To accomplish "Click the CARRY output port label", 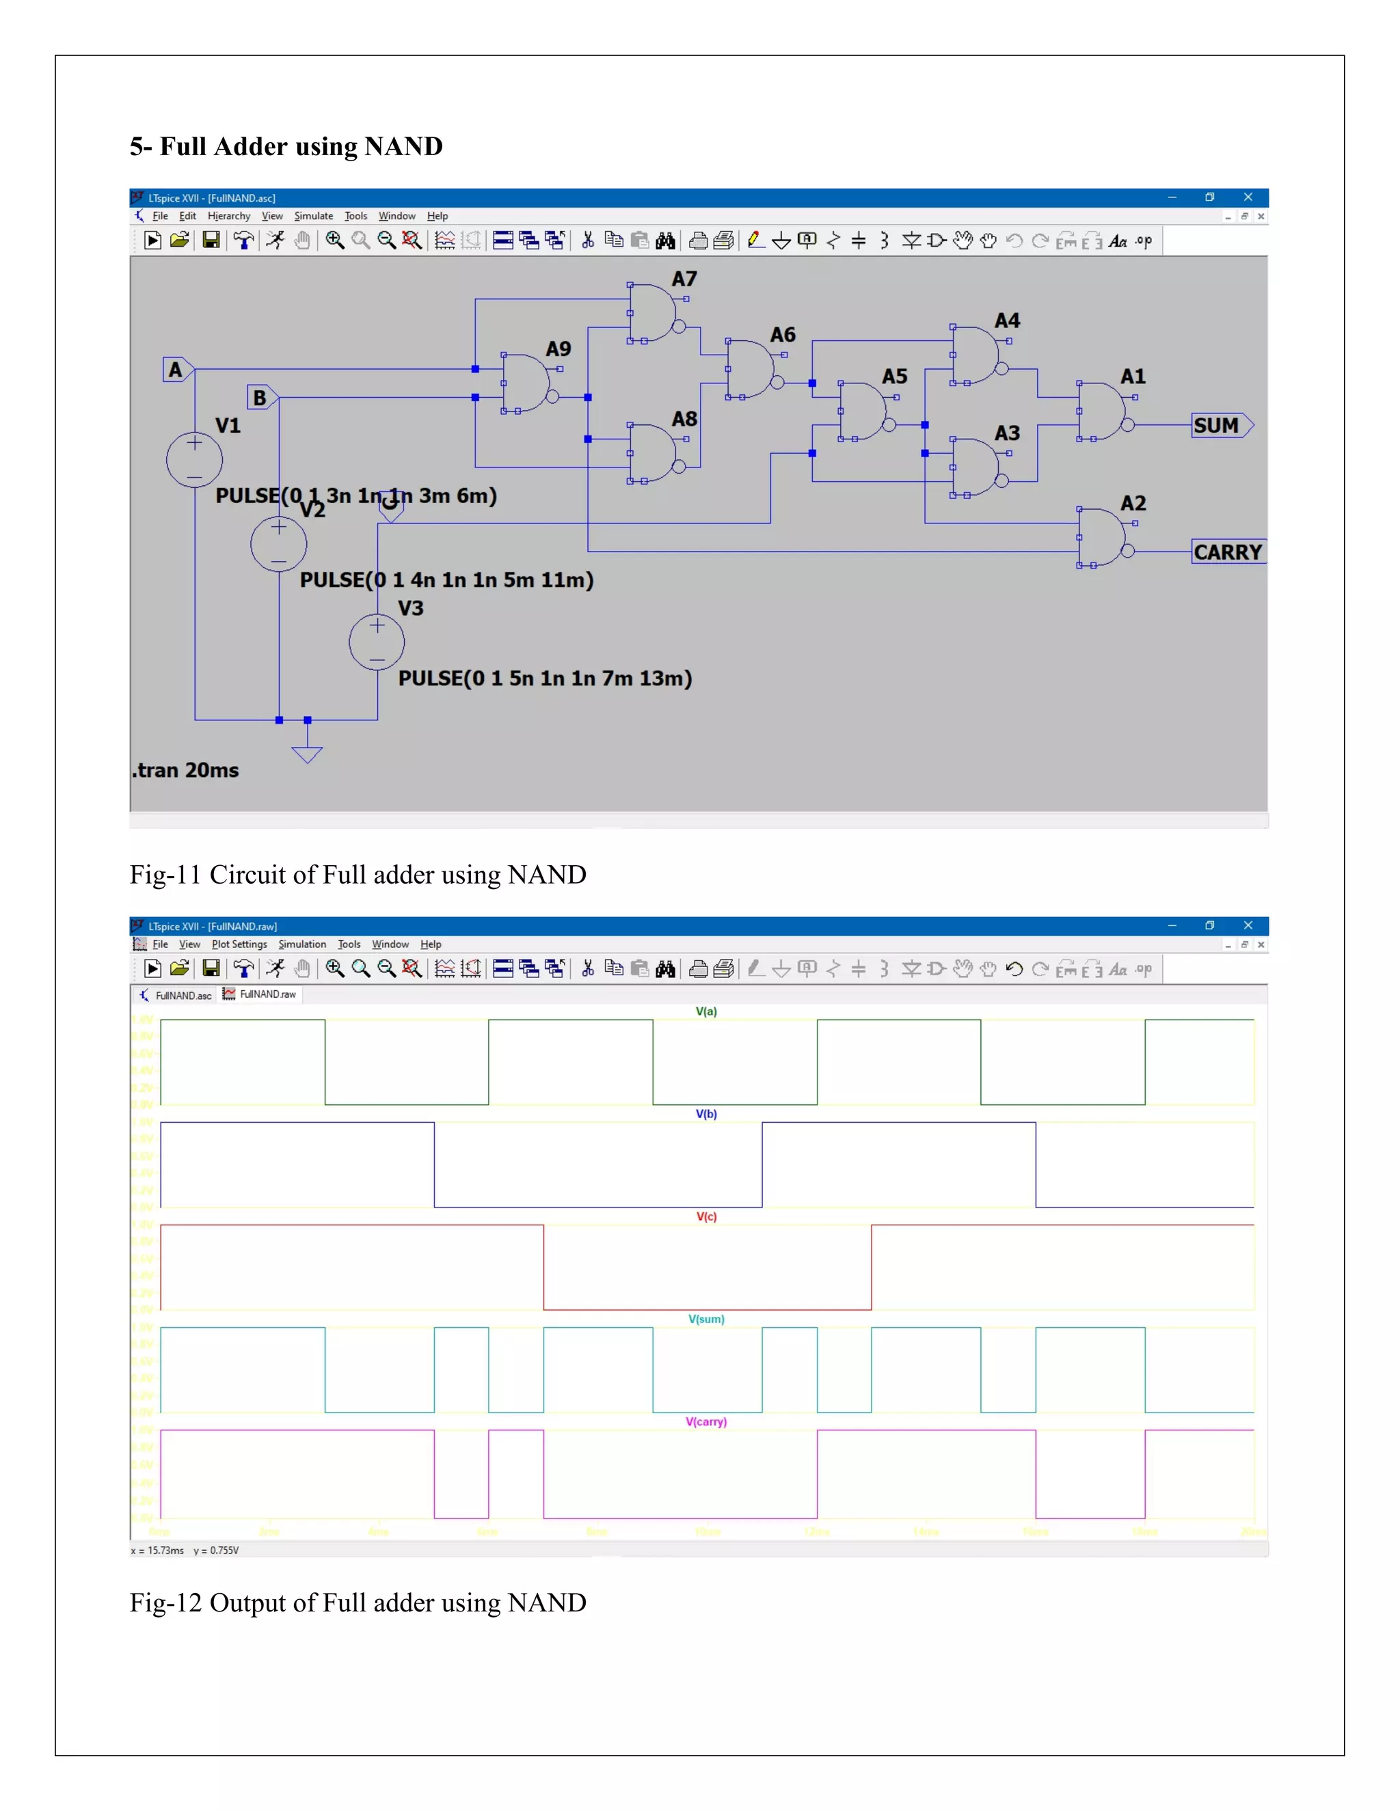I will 1228,552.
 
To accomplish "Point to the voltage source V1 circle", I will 194,460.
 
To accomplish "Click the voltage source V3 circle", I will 377,642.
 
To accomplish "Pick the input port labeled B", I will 260,397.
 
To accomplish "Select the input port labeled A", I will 176,369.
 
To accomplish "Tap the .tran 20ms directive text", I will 186,770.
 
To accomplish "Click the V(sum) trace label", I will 705,1318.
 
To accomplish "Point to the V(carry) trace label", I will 705,1421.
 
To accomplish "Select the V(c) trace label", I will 705,1216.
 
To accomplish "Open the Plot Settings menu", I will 239,944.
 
